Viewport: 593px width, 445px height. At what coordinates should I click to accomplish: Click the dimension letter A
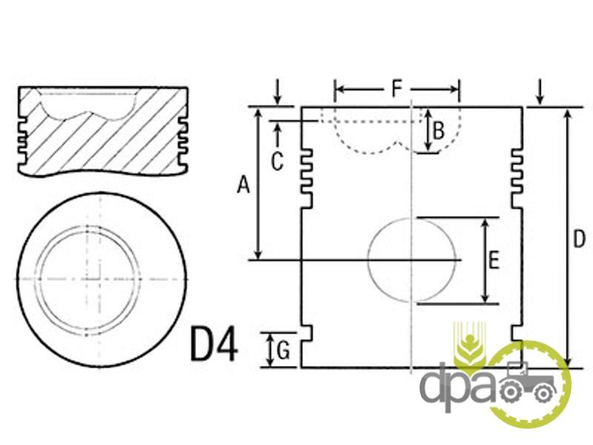tap(244, 185)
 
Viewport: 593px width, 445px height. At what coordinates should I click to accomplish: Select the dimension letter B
tap(438, 131)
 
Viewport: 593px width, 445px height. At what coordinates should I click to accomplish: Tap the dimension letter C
tap(276, 162)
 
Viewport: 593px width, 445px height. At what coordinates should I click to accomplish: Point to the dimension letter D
tap(579, 239)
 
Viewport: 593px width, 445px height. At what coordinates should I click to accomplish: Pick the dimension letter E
tap(494, 260)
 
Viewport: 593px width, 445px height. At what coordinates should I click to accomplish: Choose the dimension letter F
tap(396, 89)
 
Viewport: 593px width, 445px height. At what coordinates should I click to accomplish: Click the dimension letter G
tap(283, 350)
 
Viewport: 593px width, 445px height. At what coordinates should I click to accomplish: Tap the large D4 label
tap(214, 343)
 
